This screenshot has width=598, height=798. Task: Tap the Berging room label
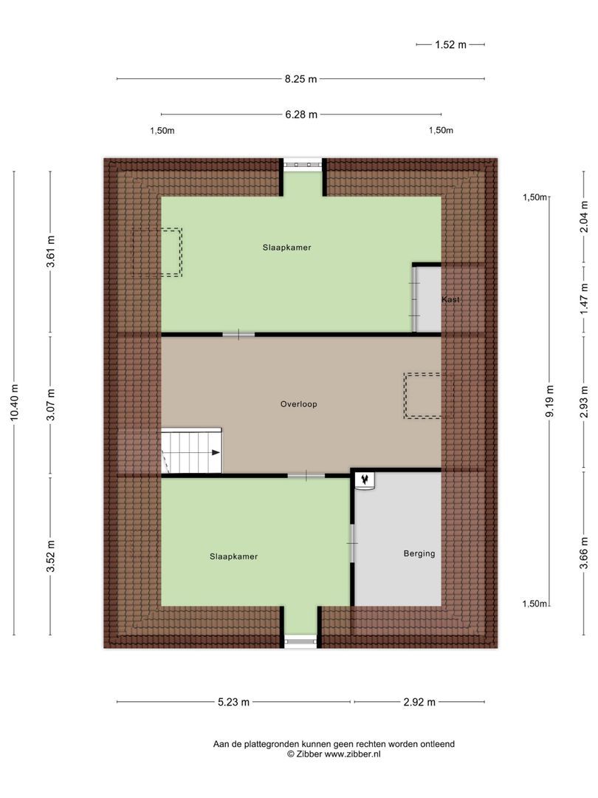[x=419, y=553]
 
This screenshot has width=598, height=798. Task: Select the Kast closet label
[x=451, y=300]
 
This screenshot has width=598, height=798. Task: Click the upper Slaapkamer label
[x=286, y=248]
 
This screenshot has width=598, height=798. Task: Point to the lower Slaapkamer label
[x=233, y=556]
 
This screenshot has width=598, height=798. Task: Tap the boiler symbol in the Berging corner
[x=365, y=480]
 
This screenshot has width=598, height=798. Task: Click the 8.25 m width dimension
[x=301, y=79]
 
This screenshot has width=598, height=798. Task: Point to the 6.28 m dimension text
[x=301, y=115]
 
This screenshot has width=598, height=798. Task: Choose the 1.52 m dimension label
[x=450, y=44]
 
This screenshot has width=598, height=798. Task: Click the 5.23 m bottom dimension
[x=234, y=702]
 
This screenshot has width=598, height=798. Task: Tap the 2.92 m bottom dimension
[x=419, y=702]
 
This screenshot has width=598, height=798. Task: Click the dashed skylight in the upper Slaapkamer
[x=157, y=252]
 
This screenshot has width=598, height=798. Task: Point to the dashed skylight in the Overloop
[x=424, y=396]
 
